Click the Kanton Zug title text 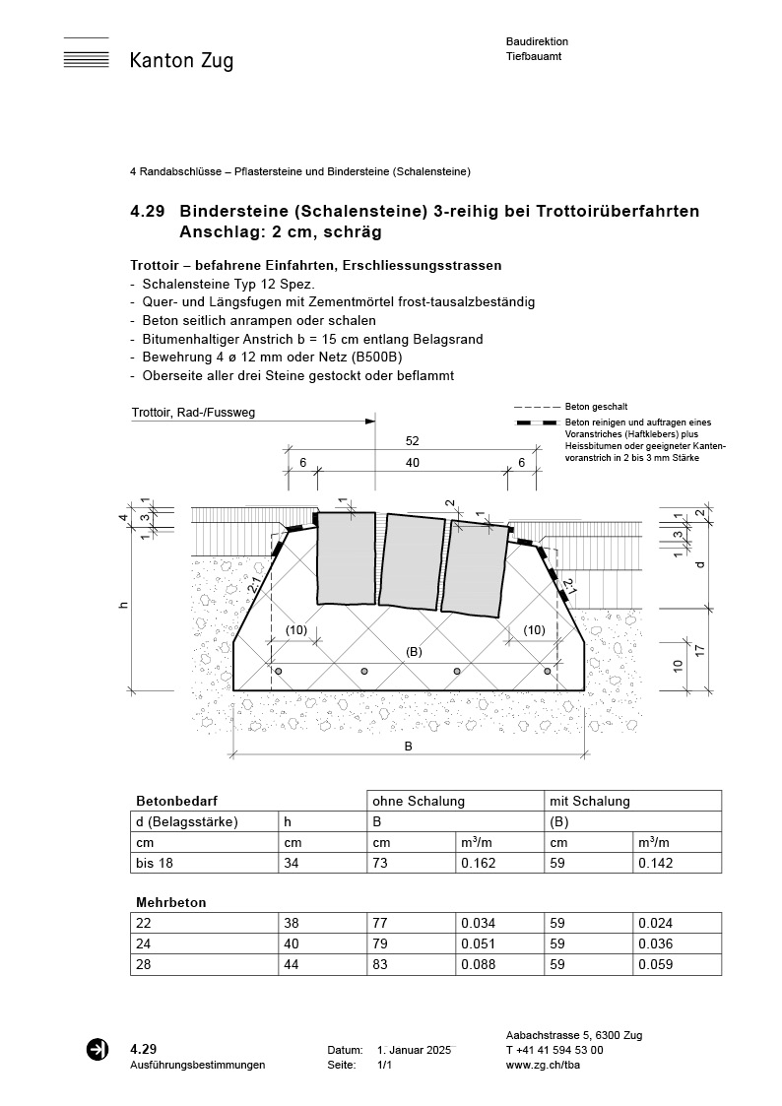[x=181, y=62]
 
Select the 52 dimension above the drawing [x=412, y=441]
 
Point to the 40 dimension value [x=412, y=463]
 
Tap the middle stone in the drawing [x=412, y=559]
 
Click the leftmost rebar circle [x=279, y=671]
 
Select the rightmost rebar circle [x=549, y=671]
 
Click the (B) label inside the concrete [x=414, y=651]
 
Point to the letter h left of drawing [x=123, y=604]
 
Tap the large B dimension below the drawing [x=408, y=746]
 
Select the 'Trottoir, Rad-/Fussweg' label [x=193, y=413]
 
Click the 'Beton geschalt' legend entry [x=596, y=407]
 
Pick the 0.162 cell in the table [x=478, y=864]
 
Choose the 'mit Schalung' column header [x=590, y=802]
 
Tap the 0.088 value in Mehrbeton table [x=478, y=965]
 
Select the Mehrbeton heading [x=170, y=901]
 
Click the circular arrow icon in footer [x=98, y=1050]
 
